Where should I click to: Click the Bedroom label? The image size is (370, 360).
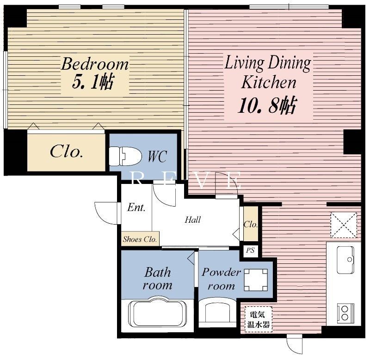[95, 64]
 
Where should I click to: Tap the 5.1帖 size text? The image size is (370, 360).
[93, 82]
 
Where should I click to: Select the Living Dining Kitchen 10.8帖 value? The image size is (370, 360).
[267, 105]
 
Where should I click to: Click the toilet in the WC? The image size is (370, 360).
[125, 156]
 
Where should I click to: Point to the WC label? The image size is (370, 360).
[158, 156]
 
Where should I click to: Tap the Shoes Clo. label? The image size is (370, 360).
[140, 239]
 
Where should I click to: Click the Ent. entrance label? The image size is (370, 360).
[136, 207]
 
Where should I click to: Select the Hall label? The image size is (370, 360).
[192, 220]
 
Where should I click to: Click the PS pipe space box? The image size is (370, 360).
[250, 250]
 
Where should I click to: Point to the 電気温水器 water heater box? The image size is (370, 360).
[259, 320]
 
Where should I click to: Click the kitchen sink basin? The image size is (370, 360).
[345, 260]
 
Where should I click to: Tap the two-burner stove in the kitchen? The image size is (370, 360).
[345, 313]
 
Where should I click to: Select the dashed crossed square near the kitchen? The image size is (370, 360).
[344, 225]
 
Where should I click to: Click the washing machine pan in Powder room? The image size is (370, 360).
[256, 280]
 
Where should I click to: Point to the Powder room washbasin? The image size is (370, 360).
[217, 312]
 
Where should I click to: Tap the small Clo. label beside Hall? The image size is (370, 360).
[251, 224]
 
